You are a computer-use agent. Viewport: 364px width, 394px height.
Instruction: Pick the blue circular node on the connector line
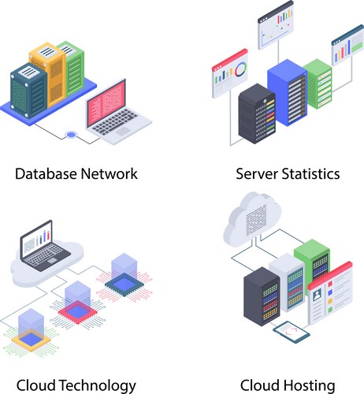pos(72,135)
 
